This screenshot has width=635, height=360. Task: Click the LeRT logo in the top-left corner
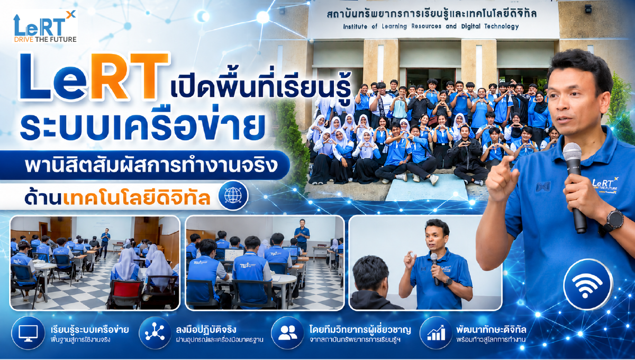tap(45, 26)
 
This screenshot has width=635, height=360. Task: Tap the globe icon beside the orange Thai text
tap(233, 195)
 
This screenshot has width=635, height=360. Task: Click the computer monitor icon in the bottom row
tap(28, 333)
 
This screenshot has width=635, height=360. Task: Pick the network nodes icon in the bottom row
tap(155, 332)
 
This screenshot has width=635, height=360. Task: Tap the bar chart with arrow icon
tap(436, 333)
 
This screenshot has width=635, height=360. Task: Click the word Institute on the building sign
tap(355, 26)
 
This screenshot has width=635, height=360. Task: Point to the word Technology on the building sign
tap(501, 26)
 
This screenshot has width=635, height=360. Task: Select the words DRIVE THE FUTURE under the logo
tap(46, 39)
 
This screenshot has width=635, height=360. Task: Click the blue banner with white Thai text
tap(144, 165)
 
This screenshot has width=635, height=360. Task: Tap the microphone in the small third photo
tap(434, 268)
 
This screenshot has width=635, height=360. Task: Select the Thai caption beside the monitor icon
tap(89, 334)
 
